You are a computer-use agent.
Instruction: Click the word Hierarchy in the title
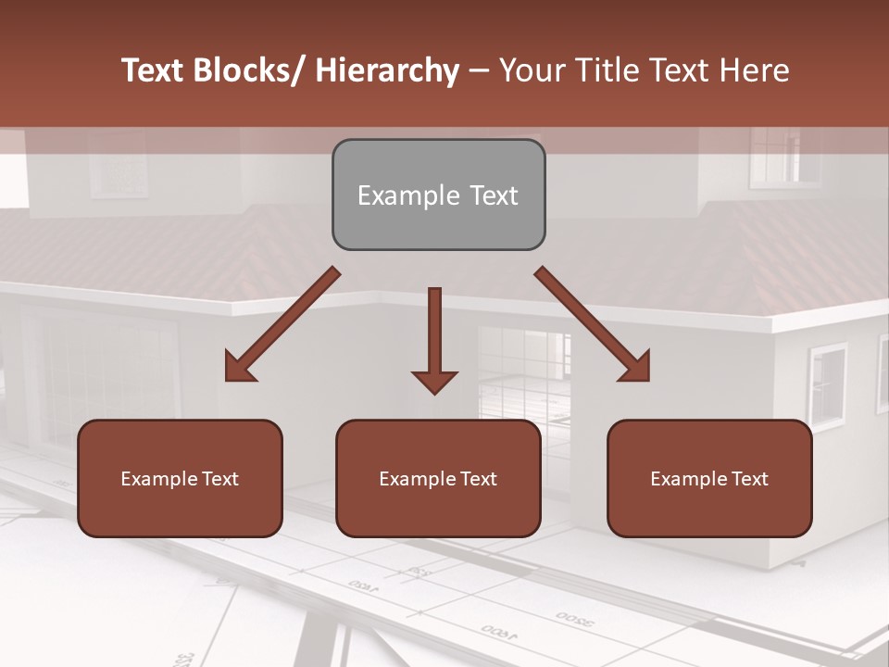[387, 70]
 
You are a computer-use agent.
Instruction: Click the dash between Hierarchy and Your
[479, 71]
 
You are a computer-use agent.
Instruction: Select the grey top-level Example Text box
[438, 195]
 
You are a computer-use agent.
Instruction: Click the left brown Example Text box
[180, 479]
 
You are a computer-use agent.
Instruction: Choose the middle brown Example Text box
[438, 479]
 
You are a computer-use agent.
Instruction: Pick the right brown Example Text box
[709, 479]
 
